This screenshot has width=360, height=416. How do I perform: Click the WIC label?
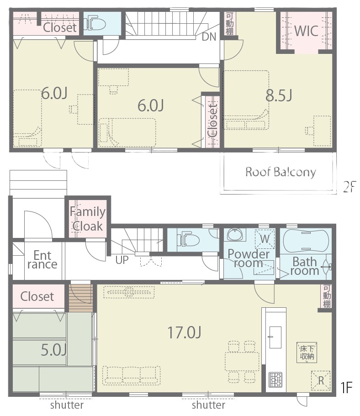click(306, 31)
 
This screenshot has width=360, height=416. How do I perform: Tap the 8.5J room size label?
click(279, 95)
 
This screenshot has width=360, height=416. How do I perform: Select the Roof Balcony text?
click(281, 172)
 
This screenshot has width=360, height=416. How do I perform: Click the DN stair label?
click(209, 37)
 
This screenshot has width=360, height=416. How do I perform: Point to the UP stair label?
click(122, 260)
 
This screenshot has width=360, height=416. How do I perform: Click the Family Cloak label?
click(87, 219)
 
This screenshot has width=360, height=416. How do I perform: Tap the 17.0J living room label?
click(184, 332)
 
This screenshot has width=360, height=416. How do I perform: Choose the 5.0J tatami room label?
click(53, 350)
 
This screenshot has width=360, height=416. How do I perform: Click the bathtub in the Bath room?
click(306, 242)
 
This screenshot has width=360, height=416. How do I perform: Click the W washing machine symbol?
click(265, 239)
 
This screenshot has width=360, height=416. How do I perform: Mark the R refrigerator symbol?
click(321, 380)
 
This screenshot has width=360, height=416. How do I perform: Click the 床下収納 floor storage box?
click(307, 353)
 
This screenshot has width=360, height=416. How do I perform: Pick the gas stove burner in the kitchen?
click(275, 380)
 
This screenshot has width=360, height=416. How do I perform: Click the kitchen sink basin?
click(275, 337)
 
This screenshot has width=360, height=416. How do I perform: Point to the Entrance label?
click(42, 260)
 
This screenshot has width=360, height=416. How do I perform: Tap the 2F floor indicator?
click(349, 186)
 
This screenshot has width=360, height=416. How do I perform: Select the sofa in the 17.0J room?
click(132, 375)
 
